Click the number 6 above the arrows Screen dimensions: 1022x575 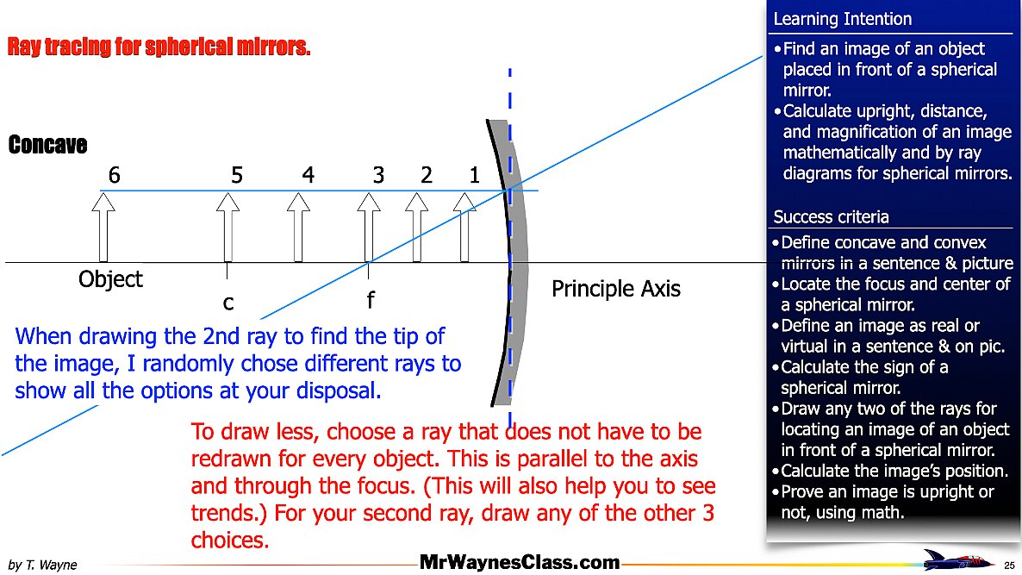coord(114,175)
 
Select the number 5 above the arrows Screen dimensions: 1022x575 coord(237,175)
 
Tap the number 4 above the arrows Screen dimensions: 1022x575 coord(308,175)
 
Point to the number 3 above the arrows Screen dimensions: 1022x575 coord(378,175)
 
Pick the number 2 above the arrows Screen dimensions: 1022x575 coord(427,175)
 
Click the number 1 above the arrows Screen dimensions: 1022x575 coord(475,175)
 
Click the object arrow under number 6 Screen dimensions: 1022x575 coord(103,228)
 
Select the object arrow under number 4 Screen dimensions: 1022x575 coord(298,228)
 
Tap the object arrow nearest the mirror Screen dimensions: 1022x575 coord(464,228)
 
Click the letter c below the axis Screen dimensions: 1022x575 coord(228,303)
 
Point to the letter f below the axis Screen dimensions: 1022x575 coord(371,300)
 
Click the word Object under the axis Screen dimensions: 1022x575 coord(110,279)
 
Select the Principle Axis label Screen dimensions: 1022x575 coord(616,289)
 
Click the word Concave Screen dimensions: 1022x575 coord(47,145)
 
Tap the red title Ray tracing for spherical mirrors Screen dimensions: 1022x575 coord(159,47)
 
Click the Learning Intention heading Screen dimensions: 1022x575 coord(842,19)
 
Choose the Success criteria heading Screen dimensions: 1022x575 coord(831,216)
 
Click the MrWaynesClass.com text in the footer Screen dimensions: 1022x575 coord(520,562)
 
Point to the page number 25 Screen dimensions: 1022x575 coord(1010,566)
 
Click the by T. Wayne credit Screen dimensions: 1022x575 coord(42,565)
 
